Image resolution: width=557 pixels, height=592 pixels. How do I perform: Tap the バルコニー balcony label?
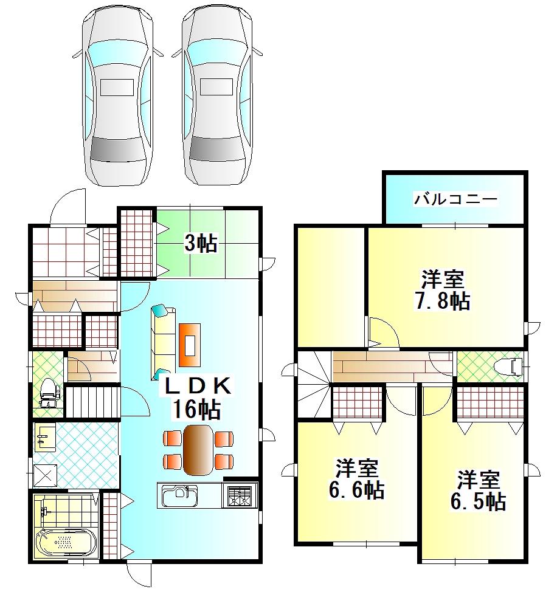coord(456,199)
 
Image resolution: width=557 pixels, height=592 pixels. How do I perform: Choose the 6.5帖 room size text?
coord(479,501)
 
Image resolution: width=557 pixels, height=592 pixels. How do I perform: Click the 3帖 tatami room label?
coord(200,244)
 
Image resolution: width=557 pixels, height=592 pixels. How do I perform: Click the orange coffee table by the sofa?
coord(190,345)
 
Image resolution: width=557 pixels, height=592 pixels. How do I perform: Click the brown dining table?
coord(197,450)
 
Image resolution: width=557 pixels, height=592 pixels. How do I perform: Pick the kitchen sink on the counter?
coord(179,496)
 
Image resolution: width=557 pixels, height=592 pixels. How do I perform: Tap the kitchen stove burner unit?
coord(242,495)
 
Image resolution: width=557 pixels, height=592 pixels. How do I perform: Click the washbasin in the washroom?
coord(44,435)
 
